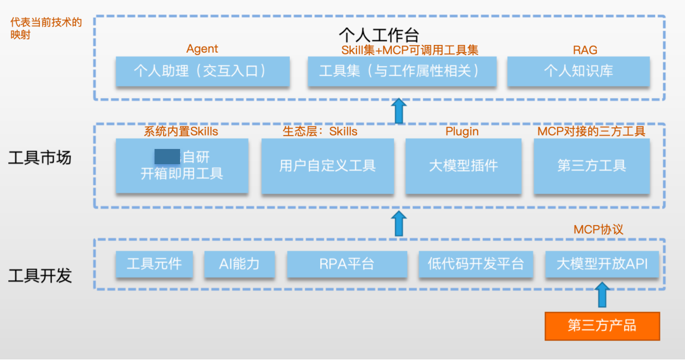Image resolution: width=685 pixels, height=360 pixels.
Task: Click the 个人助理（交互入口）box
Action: click(202, 72)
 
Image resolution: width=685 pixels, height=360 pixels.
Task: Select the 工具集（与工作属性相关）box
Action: click(401, 72)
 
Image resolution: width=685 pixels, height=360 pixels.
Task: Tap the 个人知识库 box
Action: click(578, 72)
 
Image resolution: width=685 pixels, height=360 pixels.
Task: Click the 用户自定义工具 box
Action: click(327, 166)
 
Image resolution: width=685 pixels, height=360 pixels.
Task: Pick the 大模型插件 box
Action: click(463, 166)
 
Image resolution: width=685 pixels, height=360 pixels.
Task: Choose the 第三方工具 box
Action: click(592, 166)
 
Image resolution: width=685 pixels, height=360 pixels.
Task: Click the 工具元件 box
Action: click(154, 264)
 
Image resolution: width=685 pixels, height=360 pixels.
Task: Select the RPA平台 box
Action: click(347, 264)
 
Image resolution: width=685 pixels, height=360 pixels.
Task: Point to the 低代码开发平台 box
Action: click(476, 264)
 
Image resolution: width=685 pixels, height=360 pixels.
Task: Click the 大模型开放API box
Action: click(603, 264)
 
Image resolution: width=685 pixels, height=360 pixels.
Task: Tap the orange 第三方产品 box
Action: click(602, 326)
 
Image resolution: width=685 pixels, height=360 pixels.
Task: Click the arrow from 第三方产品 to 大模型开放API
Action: click(603, 295)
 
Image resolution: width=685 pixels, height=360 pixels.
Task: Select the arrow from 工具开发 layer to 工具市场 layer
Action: click(399, 224)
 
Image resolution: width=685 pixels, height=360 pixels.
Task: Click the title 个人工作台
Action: click(379, 34)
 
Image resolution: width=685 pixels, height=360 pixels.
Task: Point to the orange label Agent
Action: click(202, 49)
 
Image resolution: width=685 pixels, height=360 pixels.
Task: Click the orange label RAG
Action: click(585, 50)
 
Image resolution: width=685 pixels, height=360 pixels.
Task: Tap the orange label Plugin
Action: click(462, 132)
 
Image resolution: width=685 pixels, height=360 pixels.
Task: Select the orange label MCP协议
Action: click(598, 229)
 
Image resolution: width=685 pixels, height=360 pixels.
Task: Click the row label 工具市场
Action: click(39, 158)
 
